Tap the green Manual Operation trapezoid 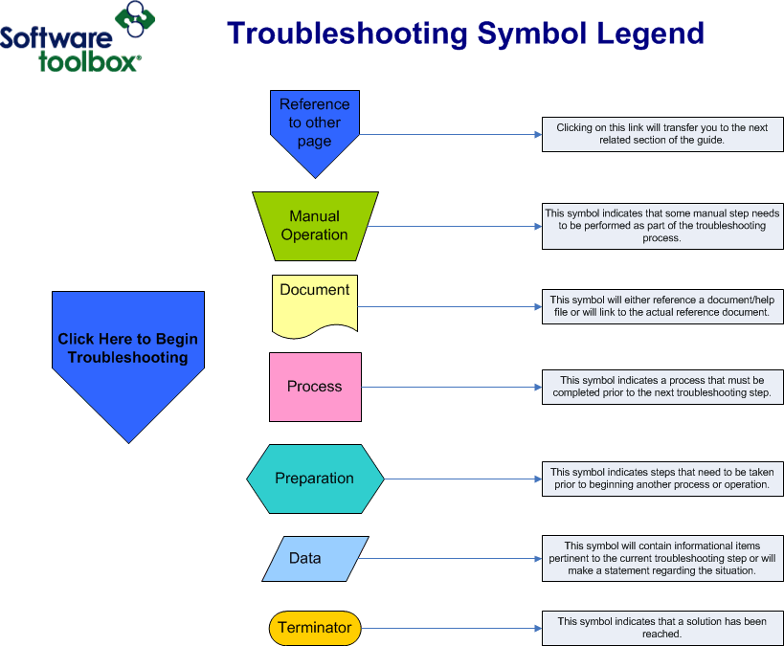point(314,226)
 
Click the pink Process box point(315,387)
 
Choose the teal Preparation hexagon point(315,479)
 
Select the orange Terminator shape point(315,629)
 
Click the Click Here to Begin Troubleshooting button point(127,349)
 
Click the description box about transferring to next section point(662,133)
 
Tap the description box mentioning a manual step point(662,226)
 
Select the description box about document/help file point(662,306)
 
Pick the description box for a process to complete point(662,387)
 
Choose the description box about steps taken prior point(662,479)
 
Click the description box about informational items point(662,558)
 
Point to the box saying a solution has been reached point(662,628)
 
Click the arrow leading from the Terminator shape point(450,629)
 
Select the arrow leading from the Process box point(450,387)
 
